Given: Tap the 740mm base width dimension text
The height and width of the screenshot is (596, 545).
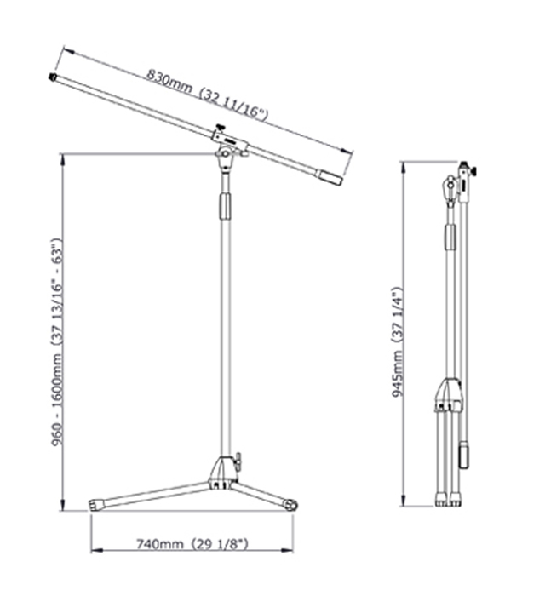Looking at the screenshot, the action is pyautogui.click(x=192, y=544).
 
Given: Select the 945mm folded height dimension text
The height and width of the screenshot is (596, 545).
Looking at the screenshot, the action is pyautogui.click(x=398, y=341).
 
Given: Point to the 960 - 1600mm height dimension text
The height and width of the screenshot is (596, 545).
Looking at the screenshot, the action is pyautogui.click(x=56, y=342).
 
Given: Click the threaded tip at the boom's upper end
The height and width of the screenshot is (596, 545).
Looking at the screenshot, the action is pyautogui.click(x=53, y=77).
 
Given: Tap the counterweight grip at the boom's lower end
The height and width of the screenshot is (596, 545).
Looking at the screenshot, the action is pyautogui.click(x=330, y=177).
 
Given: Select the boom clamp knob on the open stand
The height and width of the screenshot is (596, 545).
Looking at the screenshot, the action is pyautogui.click(x=220, y=127).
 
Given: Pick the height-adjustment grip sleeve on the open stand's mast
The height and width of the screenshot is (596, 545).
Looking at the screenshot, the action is pyautogui.click(x=225, y=206).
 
